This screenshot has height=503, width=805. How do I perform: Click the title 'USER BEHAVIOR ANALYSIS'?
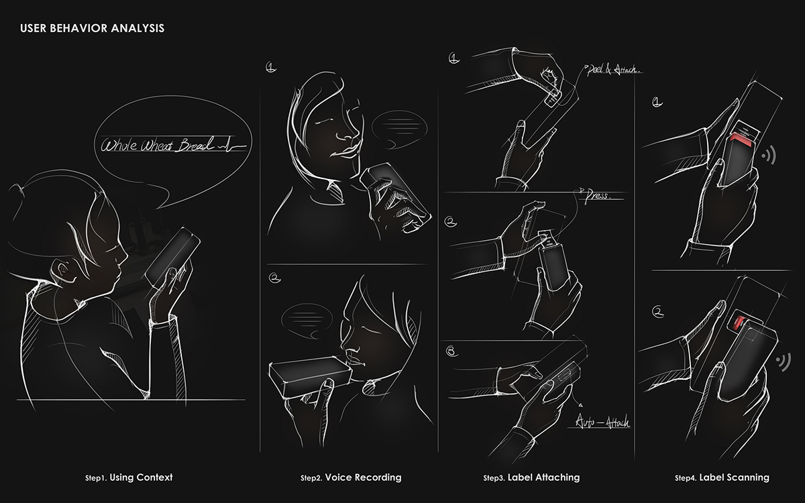click(x=92, y=29)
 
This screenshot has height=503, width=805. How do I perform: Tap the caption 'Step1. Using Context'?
click(x=129, y=478)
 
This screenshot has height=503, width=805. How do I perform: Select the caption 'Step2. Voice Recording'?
click(x=351, y=478)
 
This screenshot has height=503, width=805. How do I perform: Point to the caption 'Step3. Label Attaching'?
click(x=531, y=478)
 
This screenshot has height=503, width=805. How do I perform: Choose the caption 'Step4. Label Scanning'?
click(x=722, y=478)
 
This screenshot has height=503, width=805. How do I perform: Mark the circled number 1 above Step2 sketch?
click(x=271, y=67)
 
